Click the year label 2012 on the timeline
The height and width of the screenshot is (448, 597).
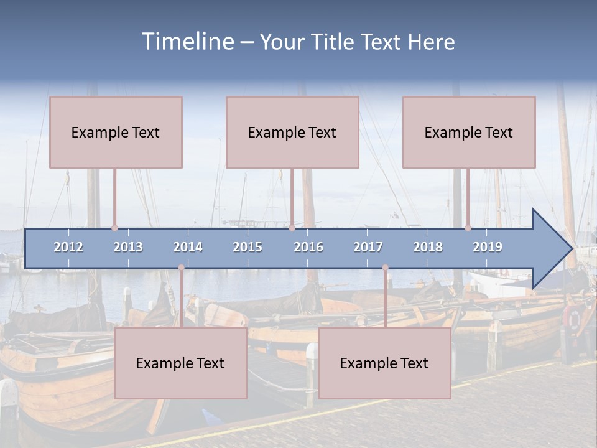[x=68, y=247]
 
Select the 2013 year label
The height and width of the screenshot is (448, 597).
[x=128, y=247]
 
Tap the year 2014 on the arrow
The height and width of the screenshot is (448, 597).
[x=188, y=247]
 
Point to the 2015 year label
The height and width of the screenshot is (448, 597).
[x=248, y=247]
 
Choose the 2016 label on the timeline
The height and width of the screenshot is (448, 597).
[x=308, y=247]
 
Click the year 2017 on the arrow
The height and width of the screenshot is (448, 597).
[x=368, y=247]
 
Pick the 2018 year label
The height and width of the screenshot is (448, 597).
[x=428, y=247]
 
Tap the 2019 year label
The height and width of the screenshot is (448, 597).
[x=488, y=247]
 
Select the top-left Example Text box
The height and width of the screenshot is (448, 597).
[x=116, y=132]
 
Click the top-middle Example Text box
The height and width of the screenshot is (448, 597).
[x=292, y=132]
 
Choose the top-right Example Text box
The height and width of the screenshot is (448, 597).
[x=469, y=132]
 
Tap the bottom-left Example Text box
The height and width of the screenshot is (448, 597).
[x=180, y=363]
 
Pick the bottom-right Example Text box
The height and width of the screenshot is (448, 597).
[x=384, y=363]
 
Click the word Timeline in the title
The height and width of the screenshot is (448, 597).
[x=187, y=42]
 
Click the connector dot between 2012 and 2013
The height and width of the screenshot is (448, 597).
[x=114, y=228]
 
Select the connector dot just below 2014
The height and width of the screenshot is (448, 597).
[x=181, y=268]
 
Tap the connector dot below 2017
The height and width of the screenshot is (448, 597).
[x=385, y=268]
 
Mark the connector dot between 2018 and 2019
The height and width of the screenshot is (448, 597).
[x=468, y=228]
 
